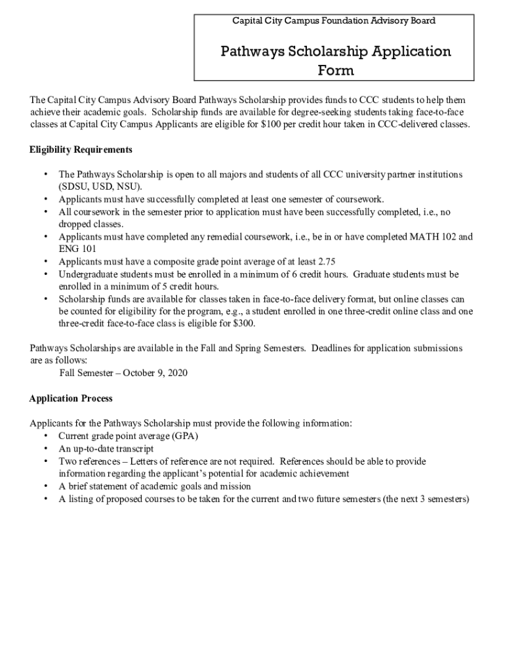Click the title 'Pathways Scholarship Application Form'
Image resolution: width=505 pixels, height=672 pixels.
pyautogui.click(x=335, y=60)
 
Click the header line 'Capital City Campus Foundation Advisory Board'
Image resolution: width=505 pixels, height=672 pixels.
pyautogui.click(x=334, y=21)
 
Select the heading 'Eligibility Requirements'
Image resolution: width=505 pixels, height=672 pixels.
pyautogui.click(x=81, y=150)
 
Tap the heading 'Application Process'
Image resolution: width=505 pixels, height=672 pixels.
pyautogui.click(x=71, y=398)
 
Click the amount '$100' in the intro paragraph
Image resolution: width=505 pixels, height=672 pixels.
pyautogui.click(x=271, y=125)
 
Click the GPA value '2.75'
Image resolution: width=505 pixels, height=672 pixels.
pyautogui.click(x=326, y=262)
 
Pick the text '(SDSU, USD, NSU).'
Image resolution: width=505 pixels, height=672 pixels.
pyautogui.click(x=100, y=186)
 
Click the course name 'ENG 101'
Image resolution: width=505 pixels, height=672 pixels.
pyautogui.click(x=77, y=249)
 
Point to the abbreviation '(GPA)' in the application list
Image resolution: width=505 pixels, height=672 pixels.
pyautogui.click(x=185, y=436)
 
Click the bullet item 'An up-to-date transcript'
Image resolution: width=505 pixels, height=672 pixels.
pyautogui.click(x=106, y=449)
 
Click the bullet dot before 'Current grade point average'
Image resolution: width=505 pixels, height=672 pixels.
pyautogui.click(x=45, y=436)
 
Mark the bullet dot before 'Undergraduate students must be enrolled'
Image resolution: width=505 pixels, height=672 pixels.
pyautogui.click(x=45, y=274)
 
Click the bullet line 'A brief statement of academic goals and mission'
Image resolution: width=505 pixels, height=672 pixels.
pyautogui.click(x=154, y=486)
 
